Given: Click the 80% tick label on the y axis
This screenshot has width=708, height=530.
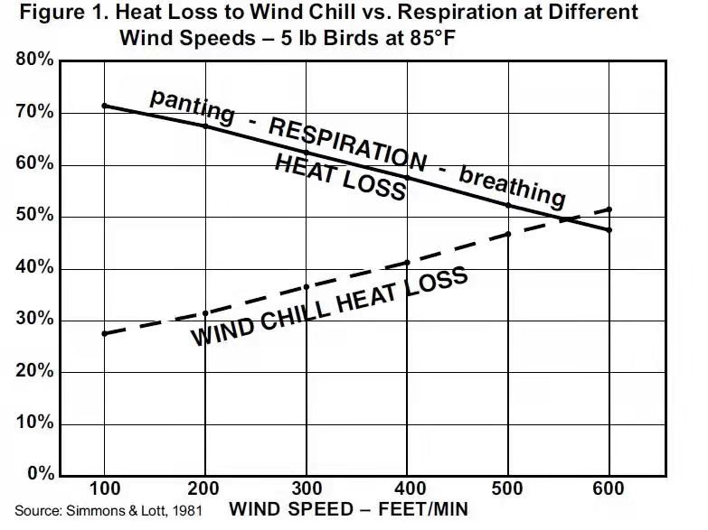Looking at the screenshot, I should click(x=34, y=61).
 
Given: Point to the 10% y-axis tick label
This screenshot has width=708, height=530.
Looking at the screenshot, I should click(x=34, y=423).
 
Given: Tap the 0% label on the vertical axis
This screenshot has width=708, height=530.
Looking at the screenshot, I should click(x=39, y=475).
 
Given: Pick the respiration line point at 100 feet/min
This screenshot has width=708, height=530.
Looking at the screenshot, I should click(x=105, y=106).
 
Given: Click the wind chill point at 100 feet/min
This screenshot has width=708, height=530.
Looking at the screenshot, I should click(x=105, y=333).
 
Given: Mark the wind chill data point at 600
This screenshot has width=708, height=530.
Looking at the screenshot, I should click(x=609, y=209).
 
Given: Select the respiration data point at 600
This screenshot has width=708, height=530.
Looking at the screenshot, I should click(x=609, y=230).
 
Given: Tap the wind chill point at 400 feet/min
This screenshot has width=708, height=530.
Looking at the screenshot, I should click(x=407, y=263).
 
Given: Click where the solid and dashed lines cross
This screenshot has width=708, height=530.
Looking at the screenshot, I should click(x=562, y=219).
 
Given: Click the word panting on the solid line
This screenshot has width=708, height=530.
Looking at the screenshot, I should click(x=192, y=106).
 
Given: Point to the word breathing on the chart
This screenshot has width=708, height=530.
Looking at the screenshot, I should click(x=512, y=183).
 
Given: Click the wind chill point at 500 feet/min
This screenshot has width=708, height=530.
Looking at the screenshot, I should click(x=508, y=234).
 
